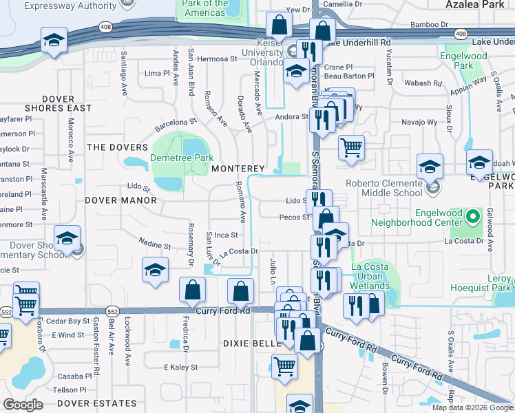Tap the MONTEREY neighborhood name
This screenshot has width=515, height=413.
click(x=238, y=169)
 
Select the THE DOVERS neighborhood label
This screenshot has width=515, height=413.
click(x=117, y=147)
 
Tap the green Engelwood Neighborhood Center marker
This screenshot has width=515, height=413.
click(x=472, y=217)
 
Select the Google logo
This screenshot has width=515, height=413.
click(x=23, y=405)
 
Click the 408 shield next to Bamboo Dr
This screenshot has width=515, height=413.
click(x=461, y=33)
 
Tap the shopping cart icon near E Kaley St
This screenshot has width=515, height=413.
click(x=284, y=366)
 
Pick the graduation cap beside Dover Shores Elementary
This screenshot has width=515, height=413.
click(x=67, y=238)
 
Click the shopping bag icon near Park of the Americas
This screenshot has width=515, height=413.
click(x=279, y=25)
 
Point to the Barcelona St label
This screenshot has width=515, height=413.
click(x=176, y=123)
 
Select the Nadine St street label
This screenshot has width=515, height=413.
click(x=154, y=244)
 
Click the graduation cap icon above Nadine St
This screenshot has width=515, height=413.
click(x=155, y=270)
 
